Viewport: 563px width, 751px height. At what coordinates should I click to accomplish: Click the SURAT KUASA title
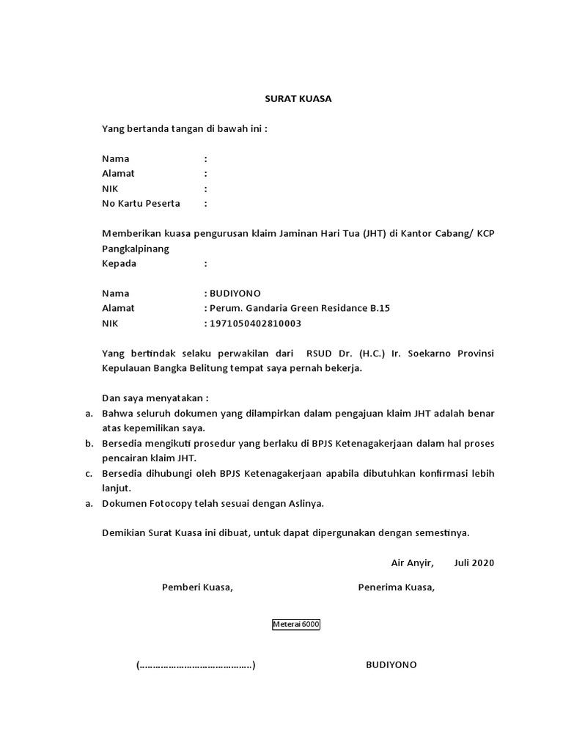click(298, 99)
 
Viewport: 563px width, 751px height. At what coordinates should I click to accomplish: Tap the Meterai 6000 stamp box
click(296, 625)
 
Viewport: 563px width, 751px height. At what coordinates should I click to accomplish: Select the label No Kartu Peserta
click(141, 203)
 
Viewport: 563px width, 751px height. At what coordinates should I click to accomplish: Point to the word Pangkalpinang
click(136, 249)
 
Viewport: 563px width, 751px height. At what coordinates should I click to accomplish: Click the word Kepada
click(119, 263)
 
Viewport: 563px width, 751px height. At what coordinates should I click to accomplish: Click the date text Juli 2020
click(474, 563)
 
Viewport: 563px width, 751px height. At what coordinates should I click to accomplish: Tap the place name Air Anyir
click(412, 563)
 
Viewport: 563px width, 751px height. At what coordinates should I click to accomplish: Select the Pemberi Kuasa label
click(197, 587)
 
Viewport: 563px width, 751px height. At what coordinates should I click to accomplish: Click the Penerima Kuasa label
click(396, 587)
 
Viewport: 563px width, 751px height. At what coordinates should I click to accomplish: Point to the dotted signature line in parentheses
click(196, 665)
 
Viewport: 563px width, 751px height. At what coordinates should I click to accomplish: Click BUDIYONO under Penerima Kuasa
click(391, 664)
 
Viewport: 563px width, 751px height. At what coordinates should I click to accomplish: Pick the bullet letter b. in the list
click(89, 444)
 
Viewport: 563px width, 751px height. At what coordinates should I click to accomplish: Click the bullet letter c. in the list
click(89, 473)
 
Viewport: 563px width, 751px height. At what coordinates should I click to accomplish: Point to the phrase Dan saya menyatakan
click(155, 398)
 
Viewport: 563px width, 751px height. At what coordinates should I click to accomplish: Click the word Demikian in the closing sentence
click(124, 532)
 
